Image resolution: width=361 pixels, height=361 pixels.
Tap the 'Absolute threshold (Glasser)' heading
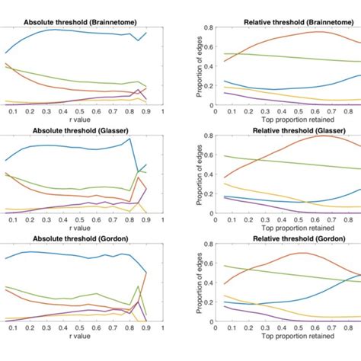[x=78, y=130]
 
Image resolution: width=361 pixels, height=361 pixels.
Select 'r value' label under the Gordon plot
[x=78, y=335]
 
